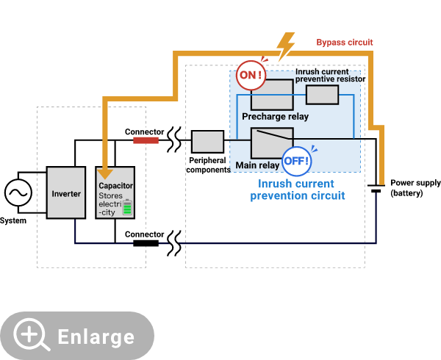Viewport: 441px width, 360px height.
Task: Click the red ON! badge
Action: tap(251, 75)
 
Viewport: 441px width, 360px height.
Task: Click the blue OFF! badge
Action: tap(298, 160)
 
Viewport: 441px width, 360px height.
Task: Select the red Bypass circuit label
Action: tap(344, 42)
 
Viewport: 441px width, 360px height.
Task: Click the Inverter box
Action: tap(66, 193)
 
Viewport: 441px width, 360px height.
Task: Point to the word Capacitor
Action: tap(115, 186)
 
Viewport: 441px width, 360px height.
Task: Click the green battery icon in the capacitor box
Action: tap(127, 207)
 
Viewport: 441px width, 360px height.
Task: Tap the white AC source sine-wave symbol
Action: tap(18, 193)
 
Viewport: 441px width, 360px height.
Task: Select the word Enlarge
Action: tap(96, 337)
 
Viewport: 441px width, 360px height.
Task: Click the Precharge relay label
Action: tap(275, 117)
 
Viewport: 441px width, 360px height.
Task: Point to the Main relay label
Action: tap(257, 165)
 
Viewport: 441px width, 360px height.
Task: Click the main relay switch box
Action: tap(272, 142)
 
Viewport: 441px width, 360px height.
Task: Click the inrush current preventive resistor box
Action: tap(322, 95)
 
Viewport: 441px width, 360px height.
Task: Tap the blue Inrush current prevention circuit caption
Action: tap(296, 190)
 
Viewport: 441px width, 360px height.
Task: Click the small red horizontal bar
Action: tap(146, 140)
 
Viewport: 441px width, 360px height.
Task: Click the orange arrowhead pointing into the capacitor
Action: tap(106, 174)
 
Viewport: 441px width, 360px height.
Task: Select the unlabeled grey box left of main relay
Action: tap(207, 141)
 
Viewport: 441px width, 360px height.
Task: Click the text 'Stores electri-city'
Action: tap(111, 204)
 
